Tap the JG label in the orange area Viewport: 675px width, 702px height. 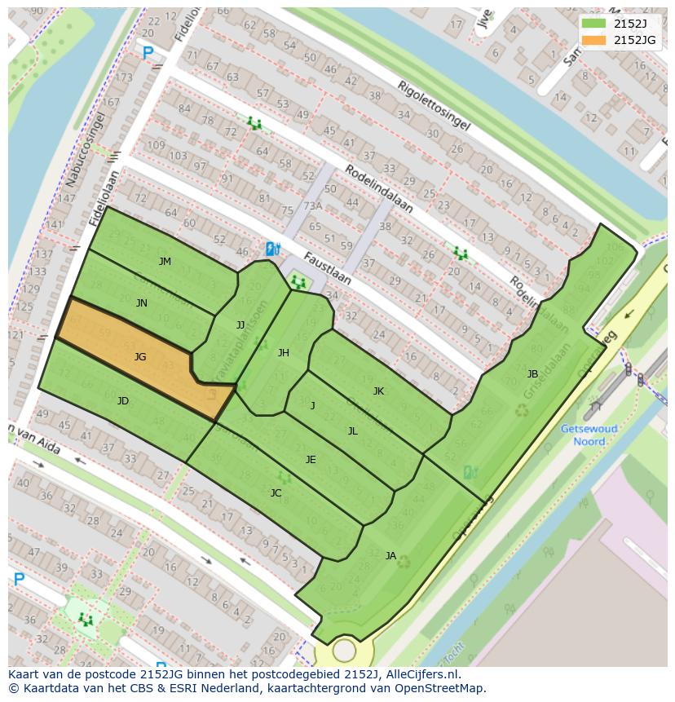pos(140,357)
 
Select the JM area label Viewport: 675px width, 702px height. pos(165,262)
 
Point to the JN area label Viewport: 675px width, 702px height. pos(142,303)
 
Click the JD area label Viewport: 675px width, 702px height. pos(123,401)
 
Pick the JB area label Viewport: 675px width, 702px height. pos(532,374)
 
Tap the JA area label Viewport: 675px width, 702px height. pos(390,556)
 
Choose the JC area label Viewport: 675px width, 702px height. pos(276,493)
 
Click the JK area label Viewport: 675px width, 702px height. pos(378,391)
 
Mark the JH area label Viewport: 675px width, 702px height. pos(283,353)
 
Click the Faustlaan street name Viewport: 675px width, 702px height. pos(327,268)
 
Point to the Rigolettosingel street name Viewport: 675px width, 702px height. pos(434,106)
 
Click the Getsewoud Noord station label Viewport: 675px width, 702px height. pos(589,435)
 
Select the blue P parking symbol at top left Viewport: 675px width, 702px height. pos(148,54)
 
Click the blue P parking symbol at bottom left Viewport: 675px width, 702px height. pos(18,580)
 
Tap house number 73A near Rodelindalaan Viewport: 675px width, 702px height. pos(313,206)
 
